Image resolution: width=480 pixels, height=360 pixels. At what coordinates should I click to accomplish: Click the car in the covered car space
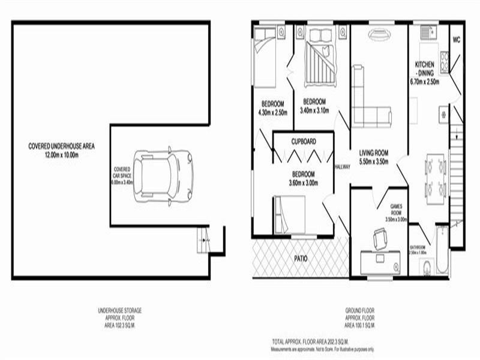click(163, 176)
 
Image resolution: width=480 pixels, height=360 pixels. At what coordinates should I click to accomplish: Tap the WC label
click(456, 41)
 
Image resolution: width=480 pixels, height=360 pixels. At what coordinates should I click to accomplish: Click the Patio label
click(301, 259)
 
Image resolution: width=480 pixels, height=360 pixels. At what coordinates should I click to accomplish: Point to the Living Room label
click(373, 157)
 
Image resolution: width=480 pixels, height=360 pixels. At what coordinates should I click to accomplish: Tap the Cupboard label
click(303, 142)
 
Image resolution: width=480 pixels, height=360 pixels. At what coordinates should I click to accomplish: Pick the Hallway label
click(342, 167)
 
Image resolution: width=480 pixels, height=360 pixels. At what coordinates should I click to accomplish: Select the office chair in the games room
click(380, 239)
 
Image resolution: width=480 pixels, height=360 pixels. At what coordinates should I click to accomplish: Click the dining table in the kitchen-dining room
click(436, 176)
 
